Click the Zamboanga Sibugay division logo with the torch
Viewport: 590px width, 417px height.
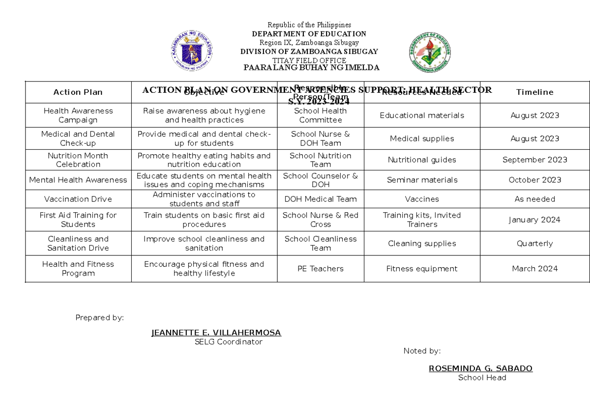click(429, 53)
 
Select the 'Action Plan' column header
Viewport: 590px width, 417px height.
click(78, 92)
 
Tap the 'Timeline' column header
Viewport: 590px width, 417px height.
click(534, 92)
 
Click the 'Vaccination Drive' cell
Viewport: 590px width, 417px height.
click(78, 199)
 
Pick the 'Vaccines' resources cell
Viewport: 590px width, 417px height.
click(422, 199)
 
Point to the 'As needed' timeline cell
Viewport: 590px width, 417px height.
click(534, 199)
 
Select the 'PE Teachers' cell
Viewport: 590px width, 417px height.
click(320, 269)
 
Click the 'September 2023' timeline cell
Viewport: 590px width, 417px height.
click(534, 160)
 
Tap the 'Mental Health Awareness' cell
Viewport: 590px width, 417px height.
click(78, 180)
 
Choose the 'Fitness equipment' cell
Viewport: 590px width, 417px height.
click(422, 269)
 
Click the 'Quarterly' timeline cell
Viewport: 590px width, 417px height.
click(534, 243)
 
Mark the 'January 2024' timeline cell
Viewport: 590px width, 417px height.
click(534, 220)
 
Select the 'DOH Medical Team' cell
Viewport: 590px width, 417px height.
click(320, 199)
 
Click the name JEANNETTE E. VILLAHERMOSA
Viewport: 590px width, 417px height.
click(216, 333)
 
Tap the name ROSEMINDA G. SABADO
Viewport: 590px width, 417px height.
click(480, 368)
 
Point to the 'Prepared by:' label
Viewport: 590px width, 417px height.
click(99, 318)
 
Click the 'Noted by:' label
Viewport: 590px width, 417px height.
click(422, 351)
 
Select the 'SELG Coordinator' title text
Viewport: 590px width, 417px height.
click(228, 342)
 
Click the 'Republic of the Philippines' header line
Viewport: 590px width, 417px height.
click(309, 25)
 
